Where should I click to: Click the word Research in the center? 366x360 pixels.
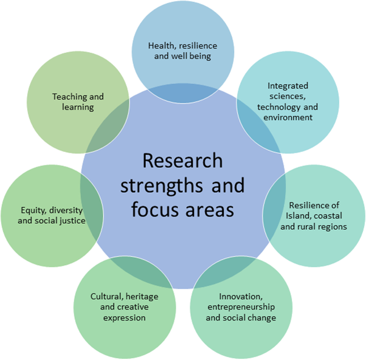tap(182, 162)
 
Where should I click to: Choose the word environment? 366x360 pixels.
tap(287, 117)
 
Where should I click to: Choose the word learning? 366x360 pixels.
tap(77, 108)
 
